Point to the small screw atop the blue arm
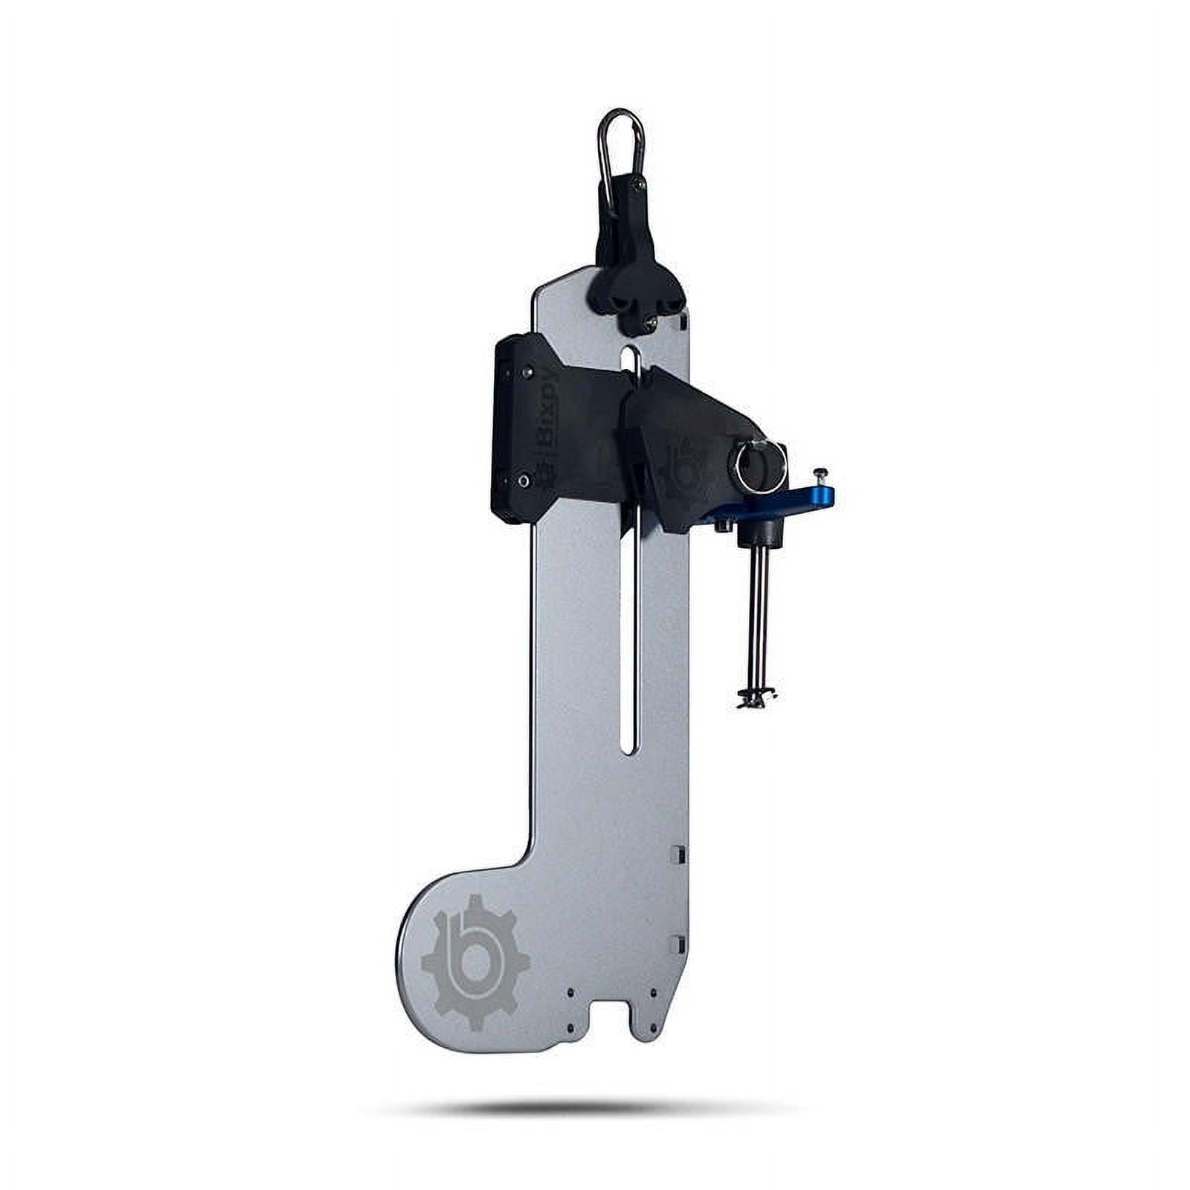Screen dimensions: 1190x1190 tap(820, 473)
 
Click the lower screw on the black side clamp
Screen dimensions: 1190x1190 tap(525, 481)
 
